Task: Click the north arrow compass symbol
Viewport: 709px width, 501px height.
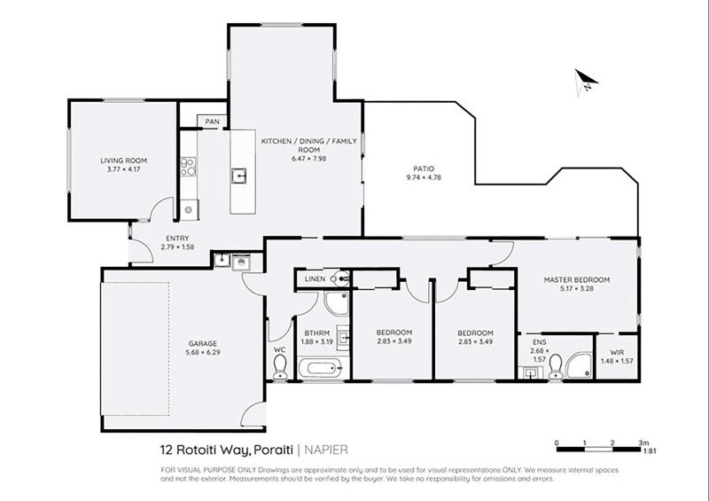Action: point(585,82)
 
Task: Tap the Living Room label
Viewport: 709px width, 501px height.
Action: point(122,160)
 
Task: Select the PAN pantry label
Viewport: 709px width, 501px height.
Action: point(212,121)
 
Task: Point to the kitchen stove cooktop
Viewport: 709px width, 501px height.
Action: point(188,167)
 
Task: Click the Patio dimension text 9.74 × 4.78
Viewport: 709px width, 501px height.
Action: point(422,177)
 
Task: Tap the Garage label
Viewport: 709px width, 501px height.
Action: point(177,343)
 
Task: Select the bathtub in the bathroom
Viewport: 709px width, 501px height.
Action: point(319,368)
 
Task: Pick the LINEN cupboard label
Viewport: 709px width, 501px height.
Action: point(315,279)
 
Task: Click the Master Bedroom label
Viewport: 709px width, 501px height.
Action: point(576,279)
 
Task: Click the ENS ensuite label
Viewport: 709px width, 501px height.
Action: point(539,341)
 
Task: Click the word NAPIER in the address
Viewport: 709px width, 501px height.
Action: point(328,450)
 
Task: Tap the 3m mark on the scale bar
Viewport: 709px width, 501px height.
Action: point(641,441)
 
